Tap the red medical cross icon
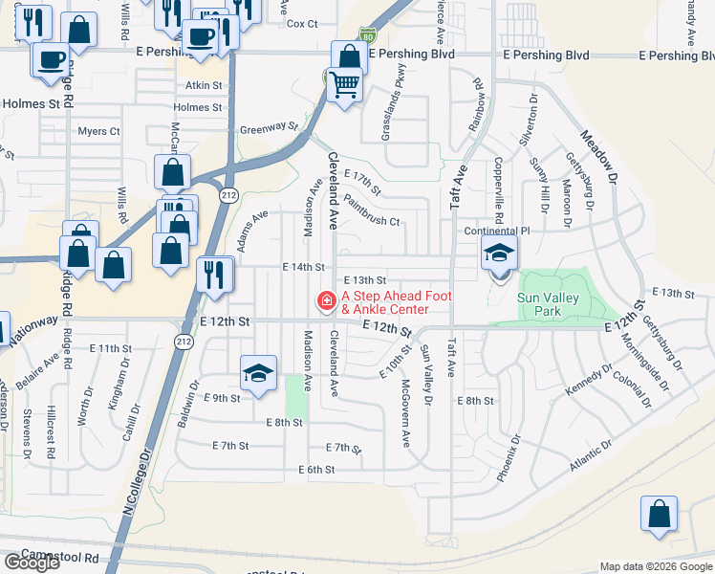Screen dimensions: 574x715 [x=326, y=302]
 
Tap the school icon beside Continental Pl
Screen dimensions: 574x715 [x=497, y=254]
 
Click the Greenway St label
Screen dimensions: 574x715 [x=268, y=127]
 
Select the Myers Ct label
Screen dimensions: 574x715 [x=99, y=131]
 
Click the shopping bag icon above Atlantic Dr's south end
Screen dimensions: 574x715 [x=659, y=514]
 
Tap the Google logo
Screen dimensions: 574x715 [x=31, y=563]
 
